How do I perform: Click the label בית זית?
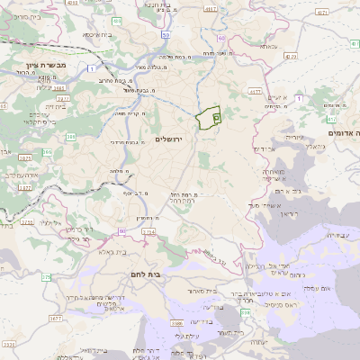pyautogui.click(x=31, y=106)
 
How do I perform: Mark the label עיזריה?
pyautogui.click(x=294, y=136)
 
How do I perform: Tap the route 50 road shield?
pyautogui.click(x=167, y=34)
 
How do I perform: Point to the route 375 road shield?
pyautogui.click(x=46, y=277)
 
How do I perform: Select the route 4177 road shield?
pyautogui.click(x=255, y=91)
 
